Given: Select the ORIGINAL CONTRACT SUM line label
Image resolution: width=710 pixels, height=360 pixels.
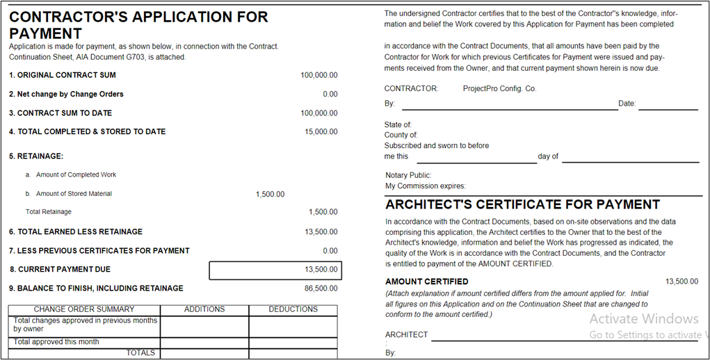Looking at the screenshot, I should point(63,75).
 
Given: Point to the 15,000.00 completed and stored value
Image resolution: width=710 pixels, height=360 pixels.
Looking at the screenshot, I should point(321,131).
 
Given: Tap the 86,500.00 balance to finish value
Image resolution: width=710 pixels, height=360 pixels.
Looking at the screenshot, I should point(321,288).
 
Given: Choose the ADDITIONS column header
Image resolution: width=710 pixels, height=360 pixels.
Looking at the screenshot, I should point(204,309).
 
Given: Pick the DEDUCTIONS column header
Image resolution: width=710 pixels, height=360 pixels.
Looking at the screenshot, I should point(293,309).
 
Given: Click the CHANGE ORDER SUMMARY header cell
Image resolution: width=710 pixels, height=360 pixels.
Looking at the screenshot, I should point(84,309).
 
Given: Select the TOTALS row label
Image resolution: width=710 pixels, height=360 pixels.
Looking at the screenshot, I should point(140,353).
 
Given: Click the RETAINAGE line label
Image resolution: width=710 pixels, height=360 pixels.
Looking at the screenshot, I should point(36,156).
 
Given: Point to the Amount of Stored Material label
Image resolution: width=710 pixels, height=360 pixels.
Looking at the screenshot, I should point(74,194).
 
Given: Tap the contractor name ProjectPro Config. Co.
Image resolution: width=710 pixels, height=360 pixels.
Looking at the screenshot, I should point(499,89).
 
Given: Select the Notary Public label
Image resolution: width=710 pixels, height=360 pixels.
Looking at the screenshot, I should point(408,175).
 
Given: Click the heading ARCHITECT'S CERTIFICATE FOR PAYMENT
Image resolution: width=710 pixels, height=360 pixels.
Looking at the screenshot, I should point(522,205).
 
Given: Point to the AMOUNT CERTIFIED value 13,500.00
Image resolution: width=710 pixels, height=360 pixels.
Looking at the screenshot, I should point(681,281).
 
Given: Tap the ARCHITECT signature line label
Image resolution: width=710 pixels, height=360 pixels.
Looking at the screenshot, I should point(407,335).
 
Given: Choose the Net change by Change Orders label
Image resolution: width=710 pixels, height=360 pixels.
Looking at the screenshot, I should point(66,94).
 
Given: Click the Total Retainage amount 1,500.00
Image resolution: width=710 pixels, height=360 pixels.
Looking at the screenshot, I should point(323,212).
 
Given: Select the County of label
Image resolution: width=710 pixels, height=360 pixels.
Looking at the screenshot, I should point(401,135).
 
